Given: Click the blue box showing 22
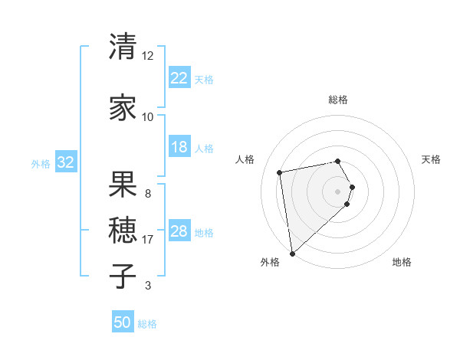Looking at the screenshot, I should click(179, 77).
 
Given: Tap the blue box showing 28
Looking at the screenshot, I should click(179, 231).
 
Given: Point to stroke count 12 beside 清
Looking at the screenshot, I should click(147, 56).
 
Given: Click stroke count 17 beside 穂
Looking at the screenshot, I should click(148, 240).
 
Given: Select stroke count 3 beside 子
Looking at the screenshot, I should click(147, 286).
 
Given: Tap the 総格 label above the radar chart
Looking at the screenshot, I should click(338, 100).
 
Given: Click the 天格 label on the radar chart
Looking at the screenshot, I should click(432, 159).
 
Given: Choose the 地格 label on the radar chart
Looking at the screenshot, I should click(402, 262).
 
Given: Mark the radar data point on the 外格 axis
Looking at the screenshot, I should click(292, 253).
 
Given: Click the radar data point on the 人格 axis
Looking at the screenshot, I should click(280, 172).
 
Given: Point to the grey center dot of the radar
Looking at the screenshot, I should click(338, 190).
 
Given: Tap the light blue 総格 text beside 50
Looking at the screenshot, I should click(147, 324).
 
